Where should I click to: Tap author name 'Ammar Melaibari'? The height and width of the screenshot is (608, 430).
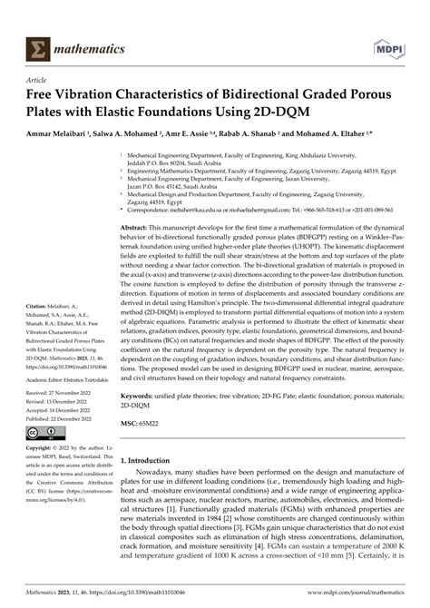click(64, 134)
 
